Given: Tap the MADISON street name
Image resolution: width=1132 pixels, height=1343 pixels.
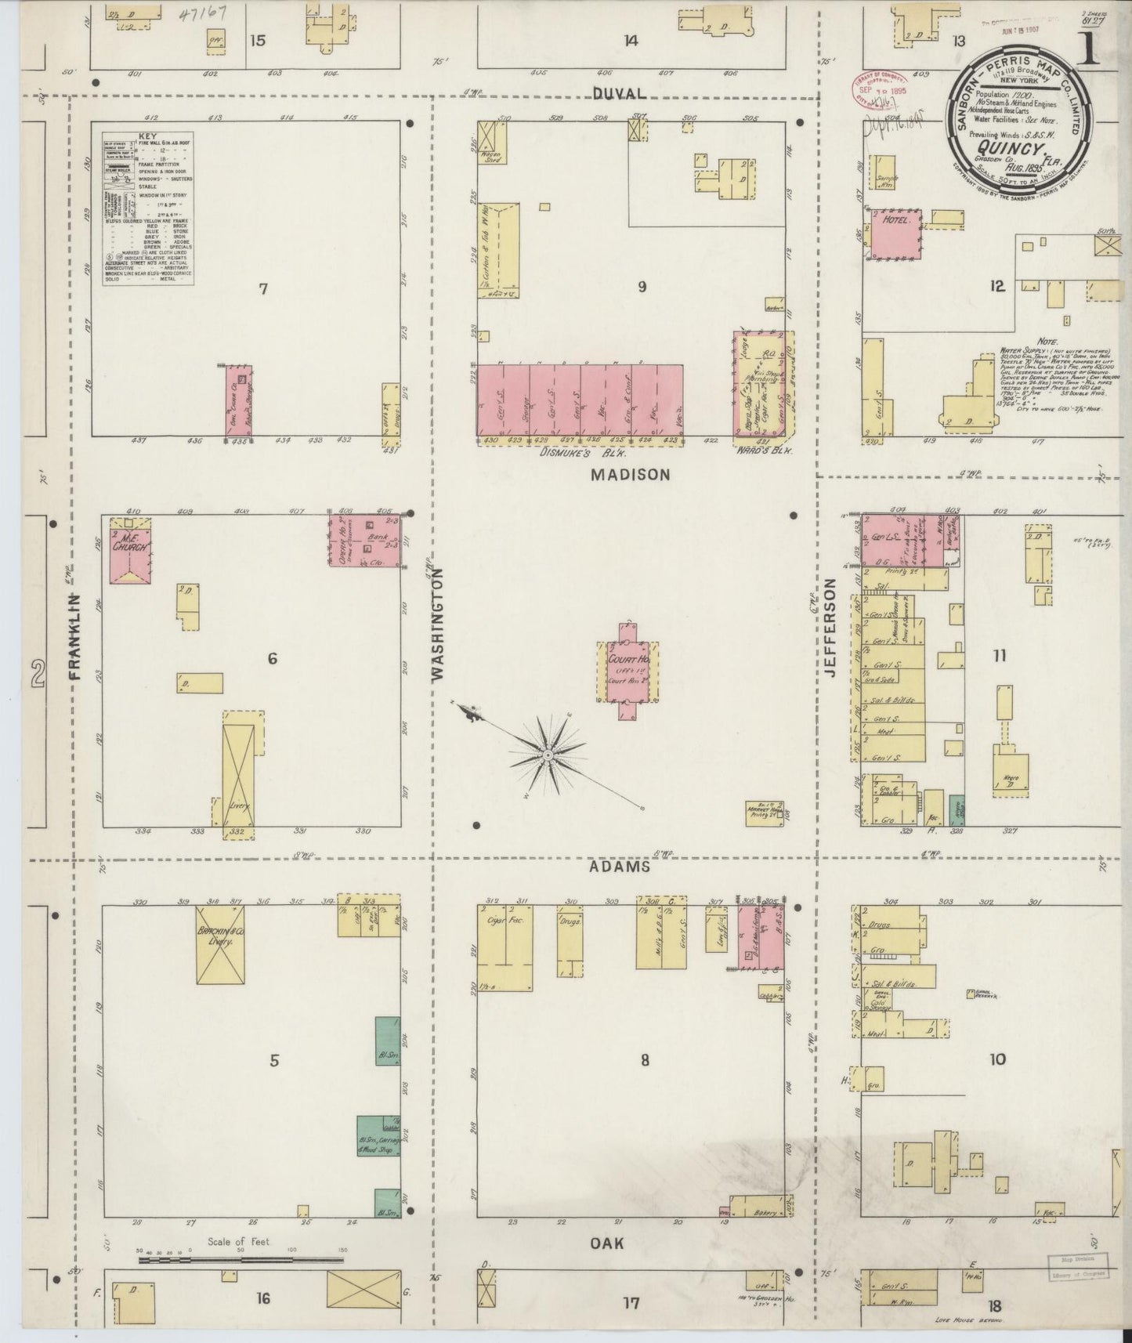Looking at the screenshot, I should pyautogui.click(x=631, y=474).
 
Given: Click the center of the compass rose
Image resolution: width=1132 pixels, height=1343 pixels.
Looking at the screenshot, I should pyautogui.click(x=548, y=754).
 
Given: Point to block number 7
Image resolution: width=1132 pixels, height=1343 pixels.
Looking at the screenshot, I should pyautogui.click(x=264, y=289).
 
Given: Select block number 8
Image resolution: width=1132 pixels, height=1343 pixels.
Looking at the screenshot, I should pyautogui.click(x=645, y=1060).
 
